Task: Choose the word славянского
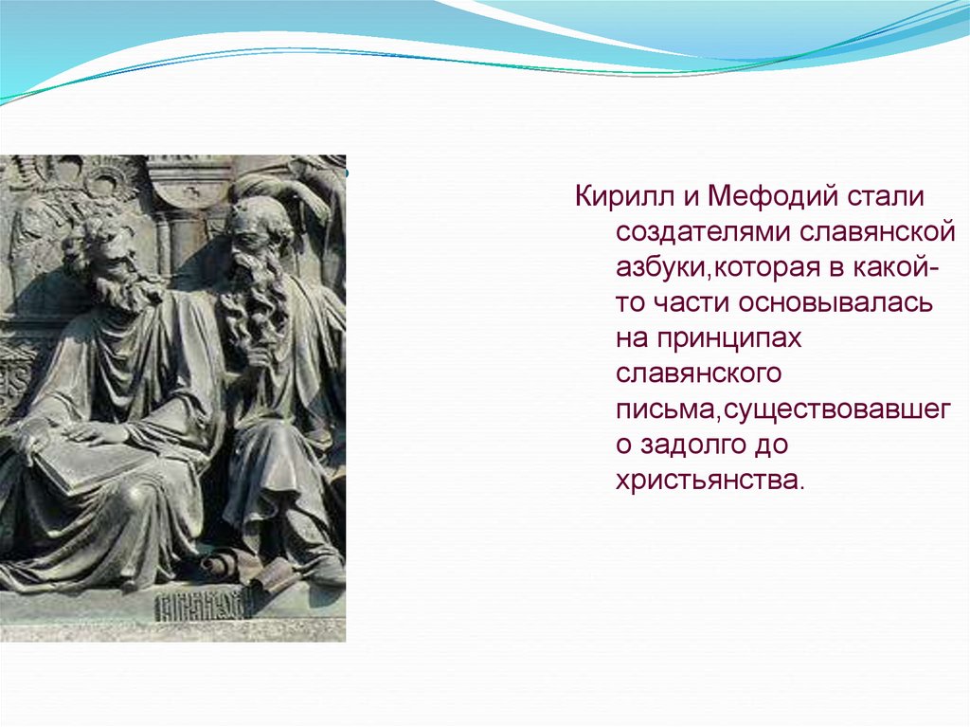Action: click(x=698, y=373)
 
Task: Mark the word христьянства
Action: click(x=709, y=479)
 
